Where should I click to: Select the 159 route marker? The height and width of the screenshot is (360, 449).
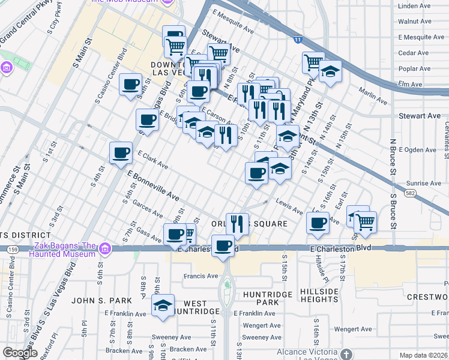click(12, 248)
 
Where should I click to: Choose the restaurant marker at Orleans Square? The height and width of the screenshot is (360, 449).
click(238, 224)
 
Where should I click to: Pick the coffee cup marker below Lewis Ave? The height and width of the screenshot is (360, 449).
click(318, 223)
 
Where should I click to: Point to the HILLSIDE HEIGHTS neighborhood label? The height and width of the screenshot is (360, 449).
click(319, 295)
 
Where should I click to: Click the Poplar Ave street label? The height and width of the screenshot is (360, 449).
click(414, 68)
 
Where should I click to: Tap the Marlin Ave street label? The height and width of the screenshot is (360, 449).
click(373, 95)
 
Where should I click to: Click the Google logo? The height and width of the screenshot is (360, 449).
click(20, 353)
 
